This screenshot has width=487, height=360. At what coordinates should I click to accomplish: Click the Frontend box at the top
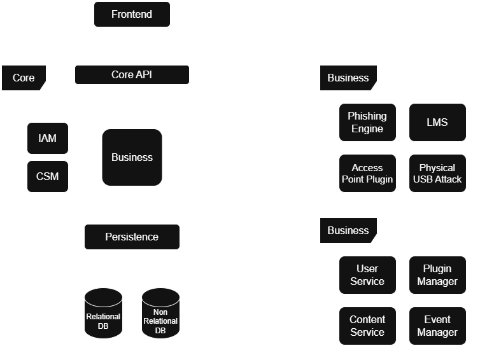click(132, 14)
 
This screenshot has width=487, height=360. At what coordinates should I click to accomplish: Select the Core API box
click(132, 74)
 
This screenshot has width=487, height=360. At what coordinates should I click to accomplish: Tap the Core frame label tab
click(24, 78)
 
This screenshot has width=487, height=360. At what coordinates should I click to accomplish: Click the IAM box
click(48, 138)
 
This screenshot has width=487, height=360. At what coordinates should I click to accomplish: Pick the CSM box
click(48, 176)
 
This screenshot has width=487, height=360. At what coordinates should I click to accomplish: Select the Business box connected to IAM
click(132, 157)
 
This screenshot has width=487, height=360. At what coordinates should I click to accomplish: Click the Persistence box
click(132, 237)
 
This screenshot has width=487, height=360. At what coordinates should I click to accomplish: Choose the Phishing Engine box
click(367, 122)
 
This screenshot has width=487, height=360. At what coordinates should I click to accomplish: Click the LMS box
click(437, 122)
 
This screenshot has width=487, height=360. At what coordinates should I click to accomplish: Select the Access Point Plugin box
click(367, 173)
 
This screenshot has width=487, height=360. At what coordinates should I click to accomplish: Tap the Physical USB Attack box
click(437, 173)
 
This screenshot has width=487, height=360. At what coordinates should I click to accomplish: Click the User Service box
click(367, 275)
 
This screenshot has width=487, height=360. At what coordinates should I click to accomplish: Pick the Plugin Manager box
click(437, 275)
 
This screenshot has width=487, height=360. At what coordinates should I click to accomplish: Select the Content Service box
click(367, 326)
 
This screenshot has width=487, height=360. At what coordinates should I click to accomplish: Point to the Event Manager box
click(437, 326)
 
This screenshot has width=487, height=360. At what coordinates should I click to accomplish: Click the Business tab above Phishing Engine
click(348, 78)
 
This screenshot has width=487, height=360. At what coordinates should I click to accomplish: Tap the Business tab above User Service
click(348, 230)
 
